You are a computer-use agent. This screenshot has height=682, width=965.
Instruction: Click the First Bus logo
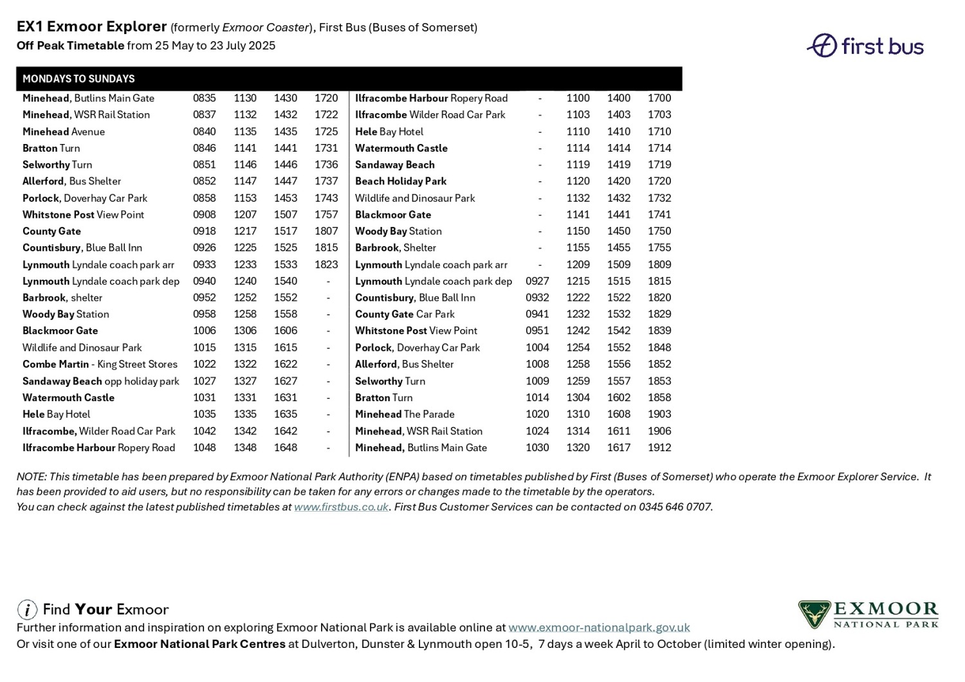pos(865,46)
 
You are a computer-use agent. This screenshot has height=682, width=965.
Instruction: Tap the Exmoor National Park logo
pos(868,615)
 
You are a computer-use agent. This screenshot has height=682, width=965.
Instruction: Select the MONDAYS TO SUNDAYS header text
pos(78,79)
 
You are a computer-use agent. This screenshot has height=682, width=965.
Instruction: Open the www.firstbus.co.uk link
pos(341,507)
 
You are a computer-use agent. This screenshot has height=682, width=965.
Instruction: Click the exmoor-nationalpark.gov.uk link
pos(599,627)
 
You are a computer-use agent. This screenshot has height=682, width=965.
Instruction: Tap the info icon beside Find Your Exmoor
pos(27,609)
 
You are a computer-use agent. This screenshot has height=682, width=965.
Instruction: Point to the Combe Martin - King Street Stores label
pos(100,364)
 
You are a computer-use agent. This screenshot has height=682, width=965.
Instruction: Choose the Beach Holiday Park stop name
pos(401,181)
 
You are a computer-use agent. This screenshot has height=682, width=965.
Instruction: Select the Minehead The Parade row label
pos(405,415)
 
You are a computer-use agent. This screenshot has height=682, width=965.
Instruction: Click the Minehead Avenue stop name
pos(64,132)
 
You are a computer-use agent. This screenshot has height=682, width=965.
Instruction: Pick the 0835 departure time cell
pos(205,98)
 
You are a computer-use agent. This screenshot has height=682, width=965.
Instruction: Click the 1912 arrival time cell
pos(659,448)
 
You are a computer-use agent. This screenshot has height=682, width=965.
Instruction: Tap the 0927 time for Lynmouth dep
pos(537,282)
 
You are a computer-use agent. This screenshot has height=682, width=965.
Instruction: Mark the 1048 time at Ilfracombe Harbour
pos(205,448)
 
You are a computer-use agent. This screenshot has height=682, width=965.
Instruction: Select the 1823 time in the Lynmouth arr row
pos(326,265)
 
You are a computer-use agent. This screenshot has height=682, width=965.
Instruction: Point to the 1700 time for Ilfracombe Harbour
pos(659,98)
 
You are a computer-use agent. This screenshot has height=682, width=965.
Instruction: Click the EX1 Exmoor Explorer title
pos(92,27)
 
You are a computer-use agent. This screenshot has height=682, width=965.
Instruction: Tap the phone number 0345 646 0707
pos(675,507)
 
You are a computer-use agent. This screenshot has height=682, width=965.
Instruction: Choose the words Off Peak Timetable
pos(71,46)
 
